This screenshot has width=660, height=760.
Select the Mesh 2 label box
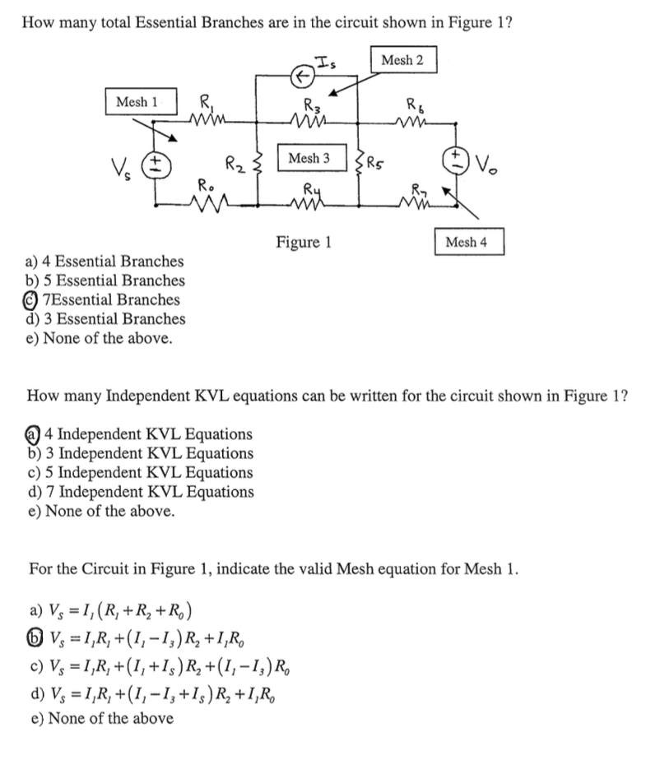click(x=403, y=61)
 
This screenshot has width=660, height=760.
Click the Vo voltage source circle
click(x=455, y=160)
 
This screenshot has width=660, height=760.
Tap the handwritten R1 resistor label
click(x=202, y=104)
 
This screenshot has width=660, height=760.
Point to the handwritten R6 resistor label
click(x=415, y=104)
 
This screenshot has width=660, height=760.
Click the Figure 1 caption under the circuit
click(x=304, y=243)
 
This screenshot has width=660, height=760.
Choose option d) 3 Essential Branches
click(x=105, y=319)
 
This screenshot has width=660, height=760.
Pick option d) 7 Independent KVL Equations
click(x=140, y=492)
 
